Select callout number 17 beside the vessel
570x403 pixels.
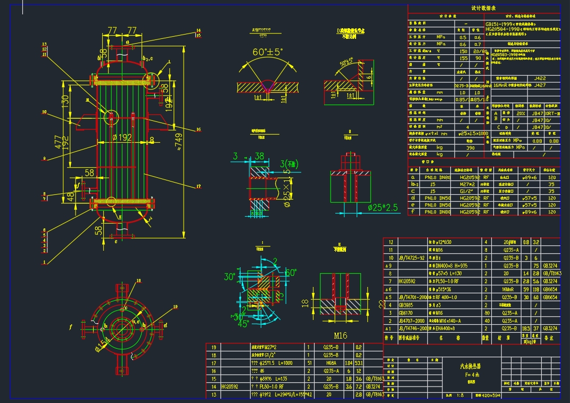pyautogui.click(x=198, y=186)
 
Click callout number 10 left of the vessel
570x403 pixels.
pyautogui.click(x=44, y=112)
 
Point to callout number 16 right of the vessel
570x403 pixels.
pyautogui.click(x=198, y=129)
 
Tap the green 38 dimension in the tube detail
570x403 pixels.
pyautogui.click(x=259, y=156)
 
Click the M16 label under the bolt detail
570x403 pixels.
pyautogui.click(x=340, y=335)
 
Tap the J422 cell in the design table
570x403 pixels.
pyautogui.click(x=539, y=78)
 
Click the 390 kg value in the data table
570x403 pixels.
pyautogui.click(x=470, y=147)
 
